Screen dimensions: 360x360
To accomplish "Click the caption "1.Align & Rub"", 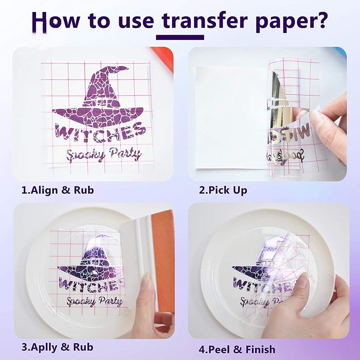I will point(58,190).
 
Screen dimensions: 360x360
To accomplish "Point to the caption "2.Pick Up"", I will point(223,190).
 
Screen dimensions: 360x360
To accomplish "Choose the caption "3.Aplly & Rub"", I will point(57,347).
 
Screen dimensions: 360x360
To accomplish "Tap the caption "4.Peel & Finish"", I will point(237,349).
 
